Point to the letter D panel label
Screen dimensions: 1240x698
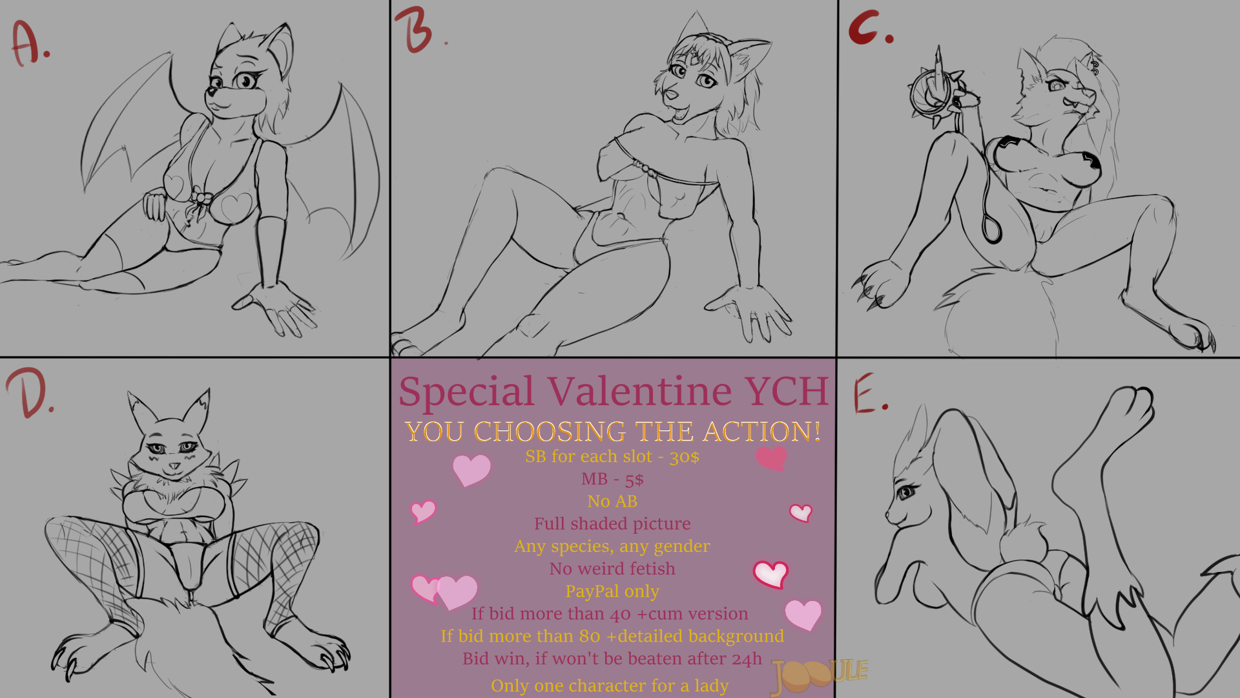(28, 393)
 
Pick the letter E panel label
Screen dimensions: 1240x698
(869, 393)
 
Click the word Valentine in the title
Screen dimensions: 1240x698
(640, 391)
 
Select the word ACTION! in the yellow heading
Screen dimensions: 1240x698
(762, 432)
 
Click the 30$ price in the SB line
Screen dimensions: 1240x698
(684, 457)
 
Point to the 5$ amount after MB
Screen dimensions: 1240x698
(634, 480)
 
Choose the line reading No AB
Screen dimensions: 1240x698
(612, 502)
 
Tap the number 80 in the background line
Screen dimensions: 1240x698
(590, 636)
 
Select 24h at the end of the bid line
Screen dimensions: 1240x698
(748, 659)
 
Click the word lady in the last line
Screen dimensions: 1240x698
(712, 686)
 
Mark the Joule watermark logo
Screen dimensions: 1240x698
(819, 674)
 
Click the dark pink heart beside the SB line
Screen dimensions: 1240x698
(771, 458)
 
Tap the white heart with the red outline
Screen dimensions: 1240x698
(770, 574)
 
